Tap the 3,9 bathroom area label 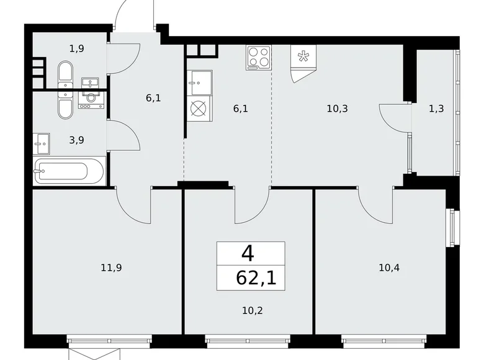(x=77, y=140)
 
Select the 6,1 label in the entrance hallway (x=154, y=97)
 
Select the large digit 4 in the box (x=248, y=253)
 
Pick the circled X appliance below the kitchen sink (x=197, y=109)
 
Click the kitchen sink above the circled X (x=199, y=81)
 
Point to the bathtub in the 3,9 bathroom (x=69, y=171)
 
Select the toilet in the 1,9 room (x=65, y=74)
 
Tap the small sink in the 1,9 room (x=91, y=83)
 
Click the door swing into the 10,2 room (x=251, y=208)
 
